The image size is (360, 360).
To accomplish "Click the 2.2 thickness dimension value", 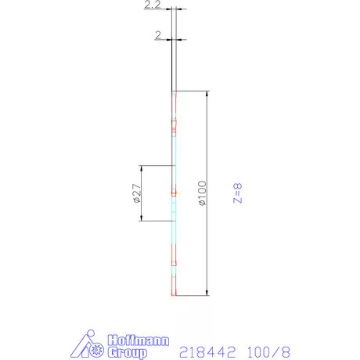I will [x=153, y=6].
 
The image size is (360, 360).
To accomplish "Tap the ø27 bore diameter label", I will [x=133, y=193].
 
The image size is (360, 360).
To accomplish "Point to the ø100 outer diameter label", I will [x=202, y=193].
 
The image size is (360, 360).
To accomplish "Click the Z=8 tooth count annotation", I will [x=239, y=193].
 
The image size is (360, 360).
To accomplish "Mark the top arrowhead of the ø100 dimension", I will [x=207, y=94].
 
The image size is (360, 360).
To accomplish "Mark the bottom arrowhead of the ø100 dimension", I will [x=207, y=293].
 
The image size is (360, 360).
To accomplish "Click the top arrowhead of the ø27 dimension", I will [x=140, y=168].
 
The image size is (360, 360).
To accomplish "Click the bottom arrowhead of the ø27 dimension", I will [x=140, y=218].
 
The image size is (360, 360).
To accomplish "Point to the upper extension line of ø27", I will [x=157, y=166].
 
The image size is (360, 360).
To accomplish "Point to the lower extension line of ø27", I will [x=157, y=221].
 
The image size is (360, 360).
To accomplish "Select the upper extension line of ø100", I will [x=194, y=92].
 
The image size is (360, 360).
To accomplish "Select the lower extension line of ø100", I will [x=194, y=295].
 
